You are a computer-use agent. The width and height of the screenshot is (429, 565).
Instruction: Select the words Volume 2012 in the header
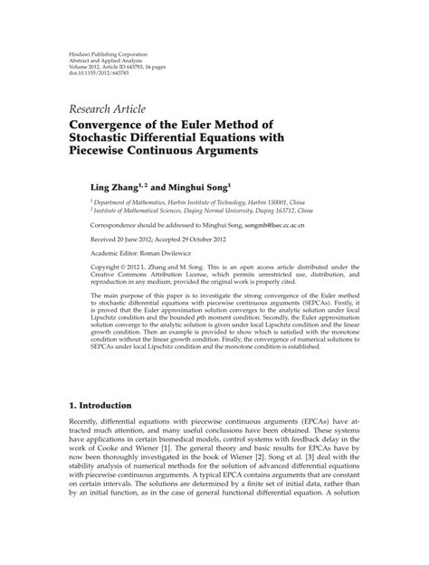[86, 65]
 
